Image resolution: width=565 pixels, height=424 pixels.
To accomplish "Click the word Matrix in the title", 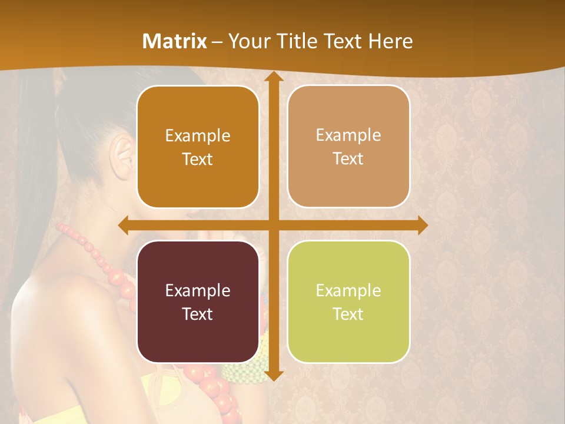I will pyautogui.click(x=175, y=41).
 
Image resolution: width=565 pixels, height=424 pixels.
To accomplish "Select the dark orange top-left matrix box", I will pyautogui.click(x=198, y=147).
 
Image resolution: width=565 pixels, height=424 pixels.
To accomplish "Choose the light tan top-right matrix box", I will pyautogui.click(x=348, y=147).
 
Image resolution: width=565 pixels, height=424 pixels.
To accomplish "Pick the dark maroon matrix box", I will pyautogui.click(x=198, y=302).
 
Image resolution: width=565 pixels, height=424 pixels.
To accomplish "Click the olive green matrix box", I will pyautogui.click(x=348, y=302).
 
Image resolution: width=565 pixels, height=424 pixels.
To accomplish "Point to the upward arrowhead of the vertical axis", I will pyautogui.click(x=273, y=77).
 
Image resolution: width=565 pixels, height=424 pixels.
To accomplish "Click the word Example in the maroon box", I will pyautogui.click(x=198, y=290).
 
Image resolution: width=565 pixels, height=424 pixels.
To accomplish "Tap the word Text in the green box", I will pyautogui.click(x=348, y=314).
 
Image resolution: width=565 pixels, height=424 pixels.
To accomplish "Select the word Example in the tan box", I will pyautogui.click(x=348, y=135).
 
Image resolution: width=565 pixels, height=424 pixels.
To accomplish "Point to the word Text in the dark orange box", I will pyautogui.click(x=198, y=159).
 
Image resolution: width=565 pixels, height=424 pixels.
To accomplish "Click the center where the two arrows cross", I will pyautogui.click(x=273, y=225).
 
